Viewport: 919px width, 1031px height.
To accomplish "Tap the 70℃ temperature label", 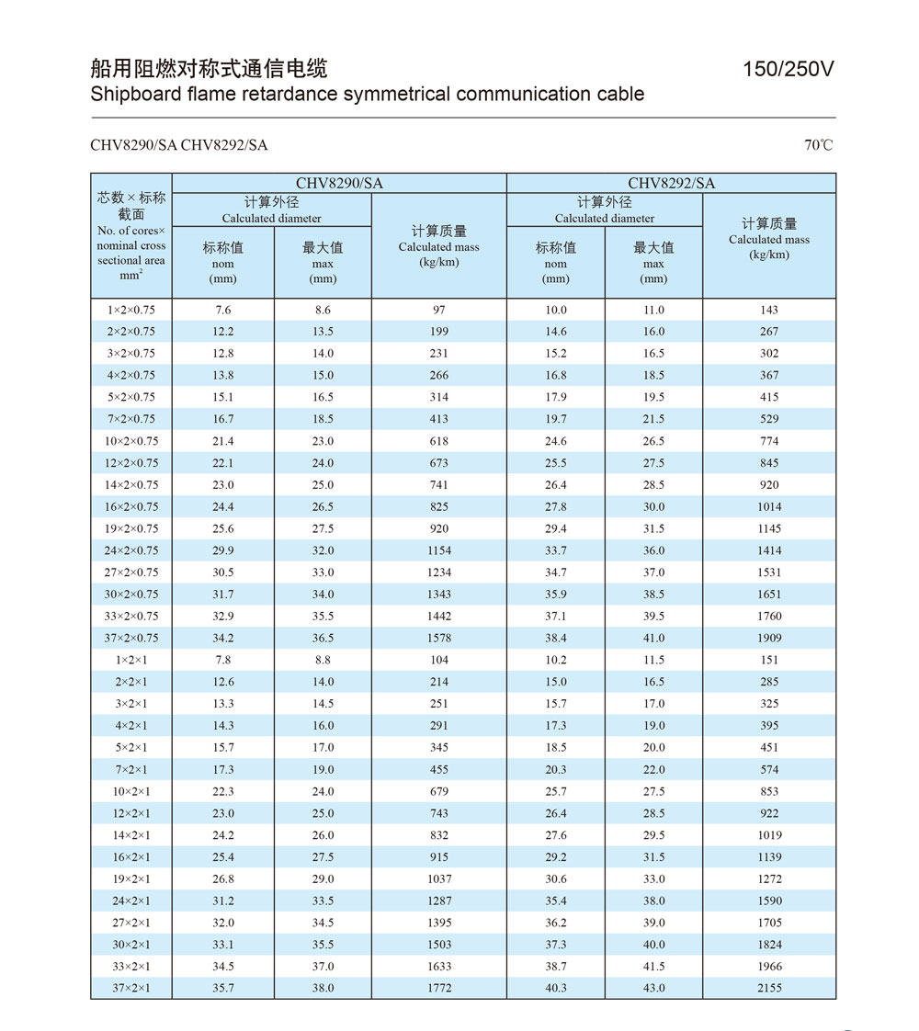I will (818, 145).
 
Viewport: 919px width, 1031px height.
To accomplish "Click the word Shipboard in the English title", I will (136, 94).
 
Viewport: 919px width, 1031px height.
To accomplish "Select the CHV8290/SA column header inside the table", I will (339, 183).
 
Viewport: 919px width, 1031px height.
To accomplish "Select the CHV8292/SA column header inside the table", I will (671, 183).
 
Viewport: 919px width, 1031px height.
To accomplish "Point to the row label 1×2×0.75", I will (130, 310).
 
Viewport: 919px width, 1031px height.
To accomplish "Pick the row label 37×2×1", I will (130, 988).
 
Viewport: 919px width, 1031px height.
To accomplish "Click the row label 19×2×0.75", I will (130, 528).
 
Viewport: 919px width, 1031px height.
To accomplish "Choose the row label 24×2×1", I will (130, 901).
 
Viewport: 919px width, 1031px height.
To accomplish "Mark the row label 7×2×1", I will (130, 769).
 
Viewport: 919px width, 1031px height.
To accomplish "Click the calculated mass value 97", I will (438, 310).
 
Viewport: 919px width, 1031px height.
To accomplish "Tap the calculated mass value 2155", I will (769, 988).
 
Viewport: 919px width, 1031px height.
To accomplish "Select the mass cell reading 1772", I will (438, 988).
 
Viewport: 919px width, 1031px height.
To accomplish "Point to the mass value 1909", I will (769, 638).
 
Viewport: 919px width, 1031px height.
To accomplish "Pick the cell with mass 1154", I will (438, 550).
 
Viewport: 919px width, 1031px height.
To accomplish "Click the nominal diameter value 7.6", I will (222, 310).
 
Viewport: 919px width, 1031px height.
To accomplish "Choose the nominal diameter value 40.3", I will (555, 988).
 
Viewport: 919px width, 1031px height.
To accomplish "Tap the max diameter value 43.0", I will (653, 988).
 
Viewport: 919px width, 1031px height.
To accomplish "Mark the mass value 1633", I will (438, 966).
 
